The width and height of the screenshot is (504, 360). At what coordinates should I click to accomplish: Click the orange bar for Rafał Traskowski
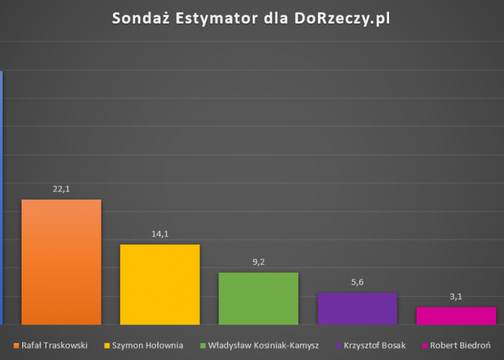pos(61,262)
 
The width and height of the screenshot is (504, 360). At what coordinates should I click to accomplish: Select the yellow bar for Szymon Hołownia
pos(160,284)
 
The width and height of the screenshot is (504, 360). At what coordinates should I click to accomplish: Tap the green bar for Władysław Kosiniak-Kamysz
pos(259,298)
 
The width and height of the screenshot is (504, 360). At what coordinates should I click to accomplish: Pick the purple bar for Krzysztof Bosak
pos(357,308)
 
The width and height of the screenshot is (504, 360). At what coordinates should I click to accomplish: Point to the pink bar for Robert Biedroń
pos(456,316)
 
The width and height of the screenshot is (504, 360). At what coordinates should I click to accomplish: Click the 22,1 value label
pos(61,189)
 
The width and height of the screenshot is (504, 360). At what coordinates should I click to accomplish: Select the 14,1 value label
pos(160,234)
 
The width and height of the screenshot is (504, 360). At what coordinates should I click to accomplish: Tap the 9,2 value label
pos(259,262)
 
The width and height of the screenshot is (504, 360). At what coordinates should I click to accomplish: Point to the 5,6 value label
pos(357,282)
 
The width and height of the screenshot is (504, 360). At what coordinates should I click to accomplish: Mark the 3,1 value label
pos(456,296)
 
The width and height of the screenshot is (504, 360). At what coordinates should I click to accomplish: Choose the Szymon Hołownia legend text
pos(148,346)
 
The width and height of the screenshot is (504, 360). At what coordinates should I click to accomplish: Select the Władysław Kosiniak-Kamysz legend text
pos(263,346)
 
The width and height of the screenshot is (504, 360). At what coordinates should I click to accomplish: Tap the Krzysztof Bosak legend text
pos(374,346)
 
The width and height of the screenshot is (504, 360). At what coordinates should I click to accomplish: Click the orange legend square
pos(15,346)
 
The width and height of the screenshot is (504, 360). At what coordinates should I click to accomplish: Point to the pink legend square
pos(425,346)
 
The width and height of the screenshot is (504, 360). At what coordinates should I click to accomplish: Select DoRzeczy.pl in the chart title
pos(341,19)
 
